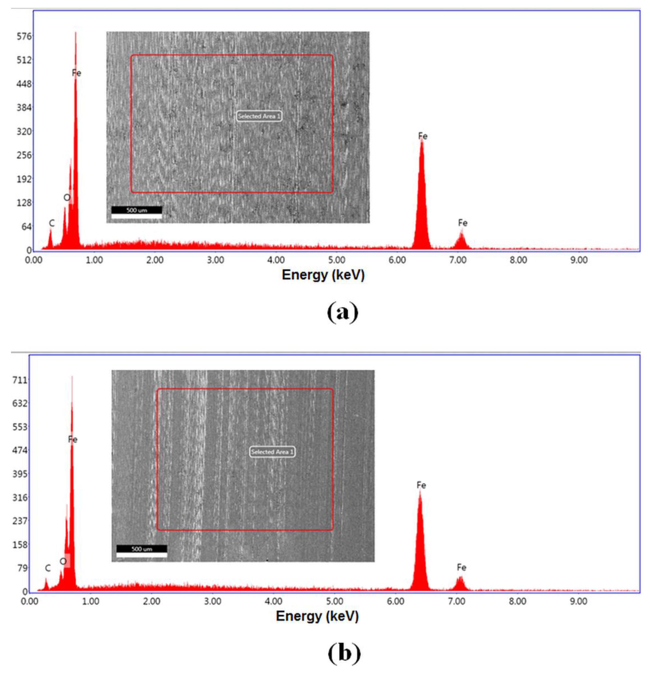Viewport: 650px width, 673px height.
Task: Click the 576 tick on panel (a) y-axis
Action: pyautogui.click(x=24, y=36)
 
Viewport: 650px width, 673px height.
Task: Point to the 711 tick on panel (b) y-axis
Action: pyautogui.click(x=20, y=380)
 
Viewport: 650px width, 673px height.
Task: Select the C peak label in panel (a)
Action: pyautogui.click(x=51, y=223)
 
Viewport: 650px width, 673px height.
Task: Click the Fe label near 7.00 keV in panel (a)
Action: pyautogui.click(x=462, y=223)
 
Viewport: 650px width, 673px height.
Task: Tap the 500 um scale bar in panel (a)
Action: pyautogui.click(x=137, y=210)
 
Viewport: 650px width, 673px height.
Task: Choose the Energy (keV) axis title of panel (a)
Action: pyautogui.click(x=323, y=275)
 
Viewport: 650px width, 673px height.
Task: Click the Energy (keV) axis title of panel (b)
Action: pyautogui.click(x=317, y=616)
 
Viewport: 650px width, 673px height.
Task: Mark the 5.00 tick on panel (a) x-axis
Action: pyautogui.click(x=336, y=260)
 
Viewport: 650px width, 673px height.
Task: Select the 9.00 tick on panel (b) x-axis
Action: pyautogui.click(x=579, y=601)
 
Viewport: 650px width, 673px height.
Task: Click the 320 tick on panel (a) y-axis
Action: pyautogui.click(x=24, y=132)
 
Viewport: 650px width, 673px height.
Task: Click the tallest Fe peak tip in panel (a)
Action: pyautogui.click(x=76, y=33)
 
